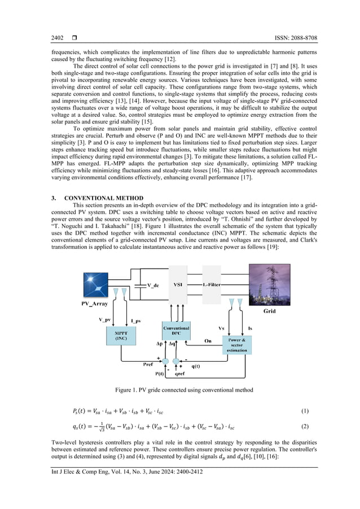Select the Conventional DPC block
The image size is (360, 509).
(x=176, y=331)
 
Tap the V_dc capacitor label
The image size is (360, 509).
(x=152, y=285)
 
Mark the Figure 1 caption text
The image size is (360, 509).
(x=179, y=390)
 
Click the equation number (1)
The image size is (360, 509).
(x=305, y=410)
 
